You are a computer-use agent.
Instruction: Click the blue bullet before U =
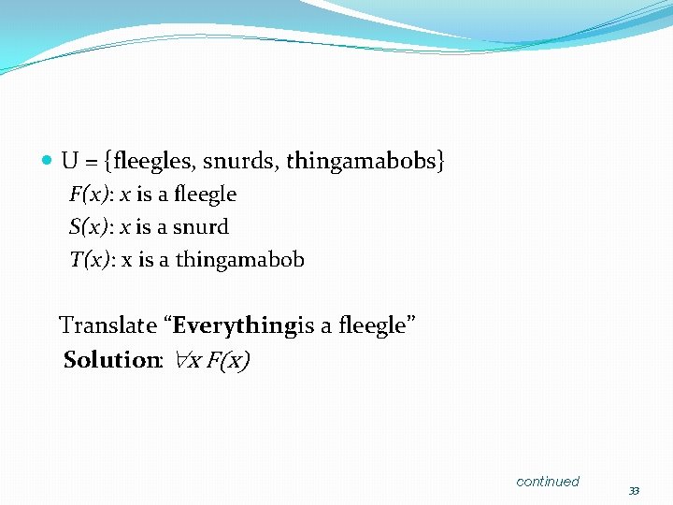coord(48,162)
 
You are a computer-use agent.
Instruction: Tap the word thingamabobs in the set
coord(361,162)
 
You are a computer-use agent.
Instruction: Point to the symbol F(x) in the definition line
coord(89,195)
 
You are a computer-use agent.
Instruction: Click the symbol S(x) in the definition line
coord(89,227)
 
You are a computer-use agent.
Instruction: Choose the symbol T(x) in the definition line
coord(89,260)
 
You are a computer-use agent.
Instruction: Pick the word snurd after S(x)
coord(201,227)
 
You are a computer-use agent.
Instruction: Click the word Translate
coord(107,326)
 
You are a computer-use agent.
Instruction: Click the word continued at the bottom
coord(548,482)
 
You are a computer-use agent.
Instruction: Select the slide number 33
coord(634,491)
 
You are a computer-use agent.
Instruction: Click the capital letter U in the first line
coord(69,162)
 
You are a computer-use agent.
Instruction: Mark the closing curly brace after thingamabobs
coord(441,162)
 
